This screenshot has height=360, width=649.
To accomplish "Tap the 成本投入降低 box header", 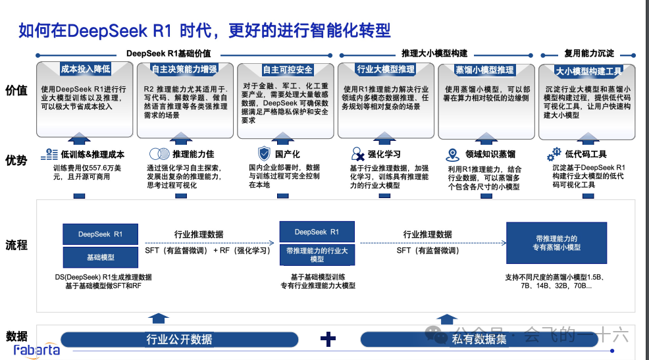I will click(x=85, y=69).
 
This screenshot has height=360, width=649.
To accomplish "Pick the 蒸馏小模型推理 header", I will click(x=484, y=70).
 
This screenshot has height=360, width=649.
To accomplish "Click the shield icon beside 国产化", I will click(x=263, y=154).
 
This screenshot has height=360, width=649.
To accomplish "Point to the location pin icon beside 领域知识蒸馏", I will click(x=452, y=155).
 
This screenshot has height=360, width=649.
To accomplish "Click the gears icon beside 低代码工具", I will click(x=554, y=155).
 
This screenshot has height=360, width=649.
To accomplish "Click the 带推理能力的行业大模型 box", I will click(x=317, y=255).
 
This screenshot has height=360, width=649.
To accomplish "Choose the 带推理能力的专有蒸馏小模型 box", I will click(x=556, y=242).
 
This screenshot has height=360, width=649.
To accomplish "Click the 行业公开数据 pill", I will click(x=179, y=340).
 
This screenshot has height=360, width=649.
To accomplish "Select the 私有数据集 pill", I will click(x=479, y=340).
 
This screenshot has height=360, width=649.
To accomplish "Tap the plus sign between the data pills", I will click(x=328, y=339).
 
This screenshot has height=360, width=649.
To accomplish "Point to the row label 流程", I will click(x=17, y=245).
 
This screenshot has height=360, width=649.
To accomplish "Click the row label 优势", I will click(x=17, y=159).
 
